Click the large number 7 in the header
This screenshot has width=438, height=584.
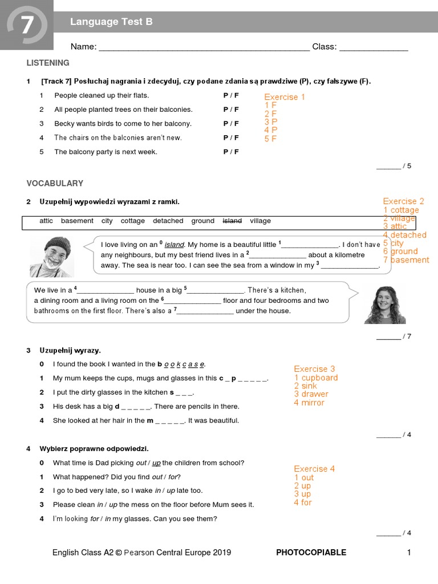pos(27,26)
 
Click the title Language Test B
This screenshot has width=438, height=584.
pos(111,22)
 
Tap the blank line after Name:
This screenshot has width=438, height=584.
pos(204,48)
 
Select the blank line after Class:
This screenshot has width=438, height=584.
pos(374,48)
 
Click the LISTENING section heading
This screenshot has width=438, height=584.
pos(48,63)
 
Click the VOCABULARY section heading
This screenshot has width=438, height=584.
pos(55,183)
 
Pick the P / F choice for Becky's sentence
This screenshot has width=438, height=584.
pos(231,123)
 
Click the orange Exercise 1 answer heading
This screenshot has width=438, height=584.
pos(285,97)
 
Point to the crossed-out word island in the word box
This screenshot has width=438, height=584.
pos(232,221)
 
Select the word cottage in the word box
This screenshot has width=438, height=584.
pos(132,221)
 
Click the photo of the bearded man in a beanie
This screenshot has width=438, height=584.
pos(51,256)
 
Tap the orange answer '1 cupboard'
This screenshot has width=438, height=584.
pos(316,378)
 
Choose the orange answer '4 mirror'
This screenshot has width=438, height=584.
pos(309,403)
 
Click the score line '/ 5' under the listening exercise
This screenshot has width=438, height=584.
pos(394,166)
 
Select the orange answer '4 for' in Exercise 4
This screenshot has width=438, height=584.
pos(303,502)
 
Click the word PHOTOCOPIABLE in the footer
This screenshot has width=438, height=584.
pos(311,552)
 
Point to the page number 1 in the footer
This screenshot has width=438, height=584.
pos(408,552)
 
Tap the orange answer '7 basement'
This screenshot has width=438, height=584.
pos(406,260)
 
